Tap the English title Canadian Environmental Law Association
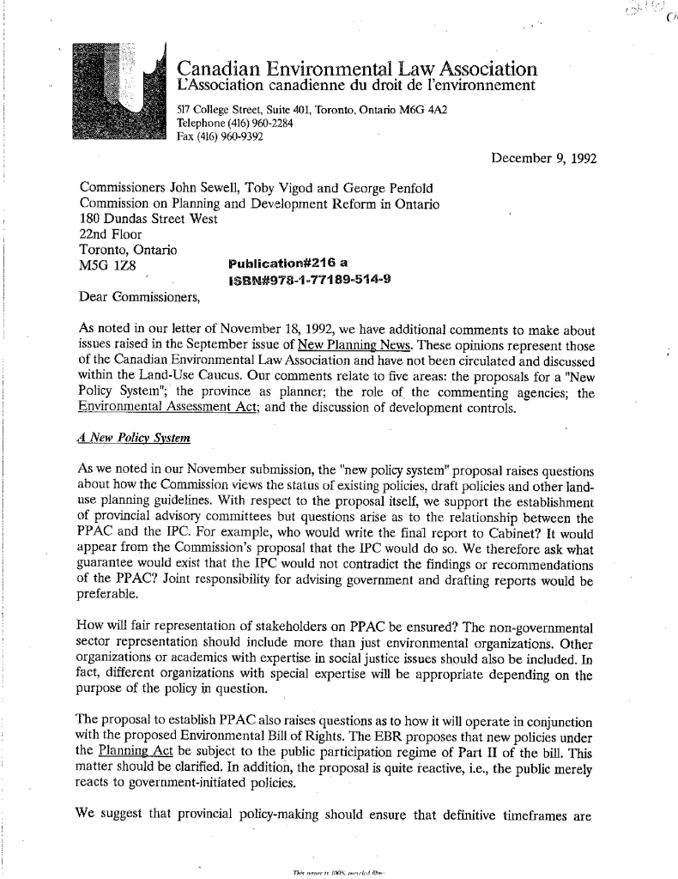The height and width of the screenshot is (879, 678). [357, 68]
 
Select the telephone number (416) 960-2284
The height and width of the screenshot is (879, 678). [209, 123]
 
